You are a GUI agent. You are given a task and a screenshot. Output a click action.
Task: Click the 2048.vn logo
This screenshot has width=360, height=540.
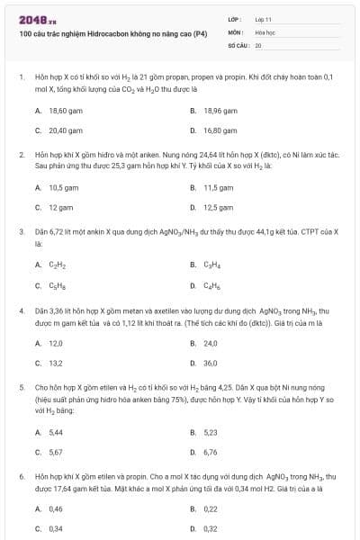click(x=35, y=19)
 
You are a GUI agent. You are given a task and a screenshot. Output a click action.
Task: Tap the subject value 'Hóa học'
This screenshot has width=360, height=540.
click(x=264, y=31)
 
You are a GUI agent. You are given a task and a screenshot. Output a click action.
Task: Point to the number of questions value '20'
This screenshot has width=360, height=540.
click(x=258, y=44)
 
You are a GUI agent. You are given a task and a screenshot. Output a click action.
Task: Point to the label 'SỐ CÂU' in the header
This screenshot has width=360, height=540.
click(x=236, y=44)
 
